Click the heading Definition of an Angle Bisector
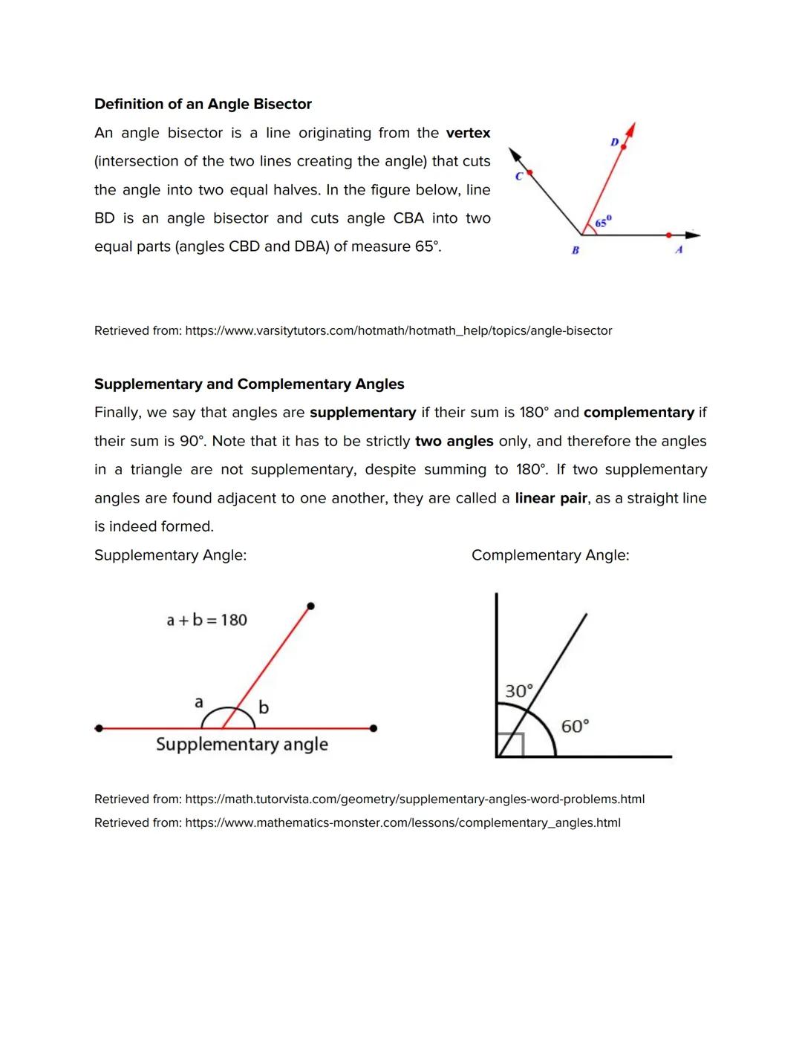pos(203,104)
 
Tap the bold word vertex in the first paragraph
pos(468,133)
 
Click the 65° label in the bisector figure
pos(603,222)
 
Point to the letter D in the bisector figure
pos(614,141)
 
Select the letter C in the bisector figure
pos(519,176)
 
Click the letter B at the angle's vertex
pos(575,250)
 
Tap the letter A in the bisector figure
pos(679,250)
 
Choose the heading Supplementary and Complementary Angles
pos(249,384)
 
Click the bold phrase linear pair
pos(550,498)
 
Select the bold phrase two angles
pos(454,441)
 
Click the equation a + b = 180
pos(206,620)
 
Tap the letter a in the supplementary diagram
pos(198,701)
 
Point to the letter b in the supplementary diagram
pos(263,707)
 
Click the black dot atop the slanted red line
pos(310,606)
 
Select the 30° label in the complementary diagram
pos(518,691)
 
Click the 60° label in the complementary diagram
pos(575,726)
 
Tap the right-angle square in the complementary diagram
pos(511,745)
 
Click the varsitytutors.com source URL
pos(398,330)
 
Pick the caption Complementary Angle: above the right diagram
pos(550,555)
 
